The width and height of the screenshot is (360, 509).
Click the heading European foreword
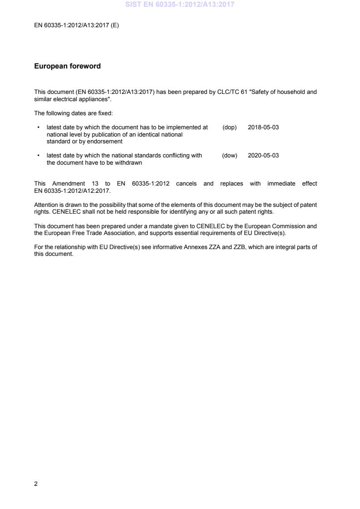tap(67, 66)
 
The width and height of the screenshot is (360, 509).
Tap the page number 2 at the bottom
tap(36, 484)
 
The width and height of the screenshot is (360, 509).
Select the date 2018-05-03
tap(263, 127)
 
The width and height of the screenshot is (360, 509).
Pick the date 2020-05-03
tap(263, 156)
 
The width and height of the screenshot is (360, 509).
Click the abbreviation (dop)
tap(230, 127)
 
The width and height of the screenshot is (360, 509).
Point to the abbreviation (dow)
tap(230, 156)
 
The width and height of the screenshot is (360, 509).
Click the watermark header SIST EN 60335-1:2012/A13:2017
tap(180, 5)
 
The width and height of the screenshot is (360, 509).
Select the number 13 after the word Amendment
tap(95, 184)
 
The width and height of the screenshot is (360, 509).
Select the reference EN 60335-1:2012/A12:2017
tap(72, 191)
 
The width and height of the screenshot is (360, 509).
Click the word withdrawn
tap(129, 162)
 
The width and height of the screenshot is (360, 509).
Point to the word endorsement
tap(105, 141)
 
